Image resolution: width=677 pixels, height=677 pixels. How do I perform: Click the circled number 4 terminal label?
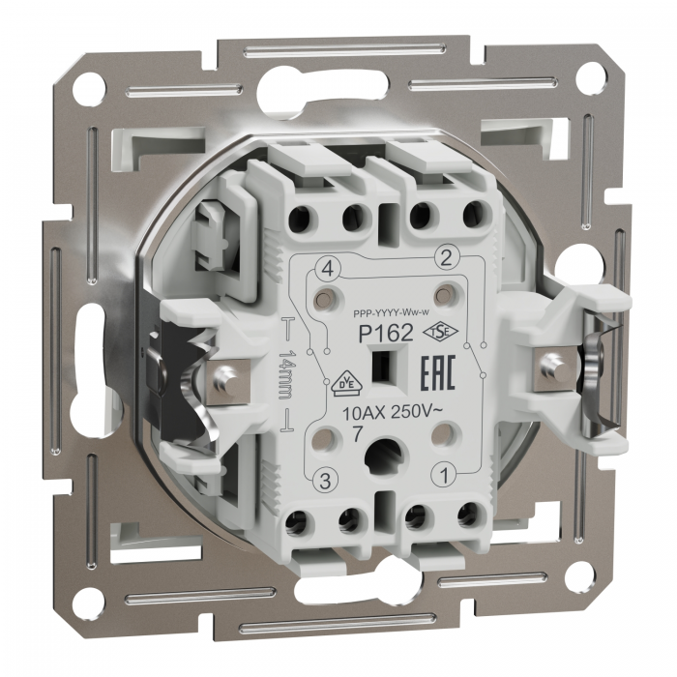328,271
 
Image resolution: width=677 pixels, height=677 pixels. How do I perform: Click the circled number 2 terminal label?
445,258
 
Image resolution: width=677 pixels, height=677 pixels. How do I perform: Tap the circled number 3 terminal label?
326,481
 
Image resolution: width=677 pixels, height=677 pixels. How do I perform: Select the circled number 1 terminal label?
444,476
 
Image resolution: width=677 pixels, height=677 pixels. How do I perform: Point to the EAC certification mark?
438,374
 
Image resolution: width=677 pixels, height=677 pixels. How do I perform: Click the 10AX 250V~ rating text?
392,413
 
